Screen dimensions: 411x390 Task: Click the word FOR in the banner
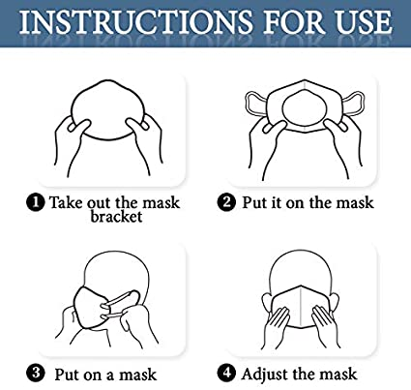[x=294, y=22]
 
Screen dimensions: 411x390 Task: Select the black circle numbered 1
[x=36, y=203]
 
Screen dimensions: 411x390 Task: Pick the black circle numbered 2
[x=226, y=202]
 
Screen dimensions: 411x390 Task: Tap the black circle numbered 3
[x=36, y=374]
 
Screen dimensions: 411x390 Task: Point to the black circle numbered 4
[x=226, y=373]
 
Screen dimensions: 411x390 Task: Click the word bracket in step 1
[x=116, y=216]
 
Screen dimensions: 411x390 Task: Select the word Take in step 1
[x=67, y=202]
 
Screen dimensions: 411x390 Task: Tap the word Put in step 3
[x=67, y=375]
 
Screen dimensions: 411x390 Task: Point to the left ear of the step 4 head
[x=266, y=302]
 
